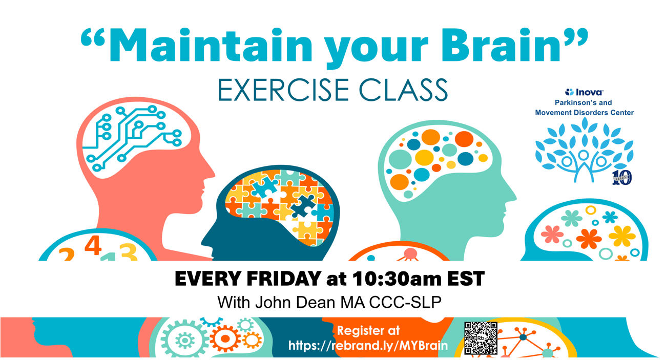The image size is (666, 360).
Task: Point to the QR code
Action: click(481, 338)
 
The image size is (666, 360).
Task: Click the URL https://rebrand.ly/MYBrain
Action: click(368, 346)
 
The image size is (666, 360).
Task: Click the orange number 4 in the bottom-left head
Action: click(93, 245)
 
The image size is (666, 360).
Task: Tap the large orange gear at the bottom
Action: click(225, 338)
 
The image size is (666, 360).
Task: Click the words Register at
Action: click(368, 331)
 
